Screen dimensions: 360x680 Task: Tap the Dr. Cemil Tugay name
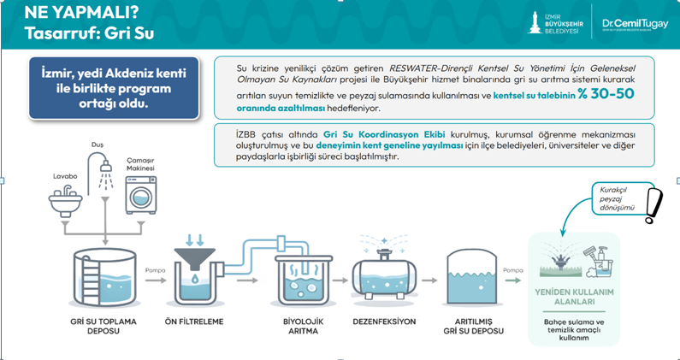pos(629,20)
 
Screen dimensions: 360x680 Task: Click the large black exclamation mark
pos(654,204)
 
